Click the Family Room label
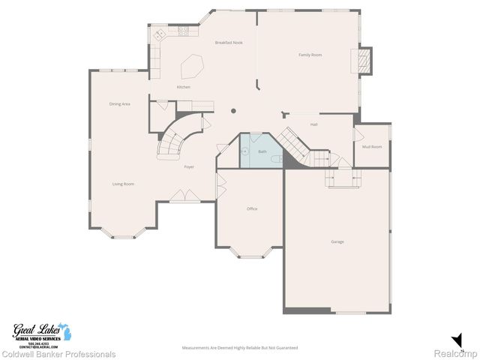(x=310, y=55)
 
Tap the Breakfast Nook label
(x=229, y=43)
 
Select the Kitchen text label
(x=184, y=87)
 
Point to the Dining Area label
(x=120, y=103)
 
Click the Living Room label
(x=123, y=184)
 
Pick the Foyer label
(x=189, y=166)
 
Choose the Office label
(x=252, y=208)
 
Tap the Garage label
(x=337, y=241)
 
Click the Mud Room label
(x=372, y=146)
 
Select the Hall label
(x=314, y=124)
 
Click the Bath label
(x=262, y=151)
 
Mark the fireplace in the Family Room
(x=364, y=61)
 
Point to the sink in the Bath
(x=245, y=150)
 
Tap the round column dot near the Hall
(x=233, y=111)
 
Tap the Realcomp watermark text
(x=457, y=353)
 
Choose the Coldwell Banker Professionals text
(x=58, y=354)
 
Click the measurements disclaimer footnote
(x=240, y=348)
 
